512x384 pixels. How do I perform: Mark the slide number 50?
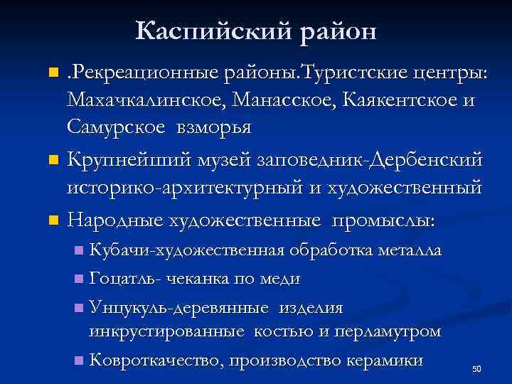pos(477,369)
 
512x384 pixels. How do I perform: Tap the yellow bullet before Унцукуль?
pos(78,307)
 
